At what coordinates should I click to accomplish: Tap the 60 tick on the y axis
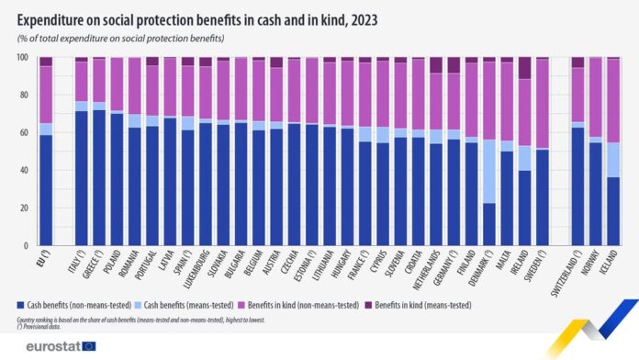tap(24, 133)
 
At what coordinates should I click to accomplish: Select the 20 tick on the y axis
tap(24, 208)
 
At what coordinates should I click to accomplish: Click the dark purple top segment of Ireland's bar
tap(524, 68)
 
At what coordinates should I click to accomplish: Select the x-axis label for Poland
tap(116, 265)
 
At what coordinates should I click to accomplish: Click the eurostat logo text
tap(47, 345)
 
